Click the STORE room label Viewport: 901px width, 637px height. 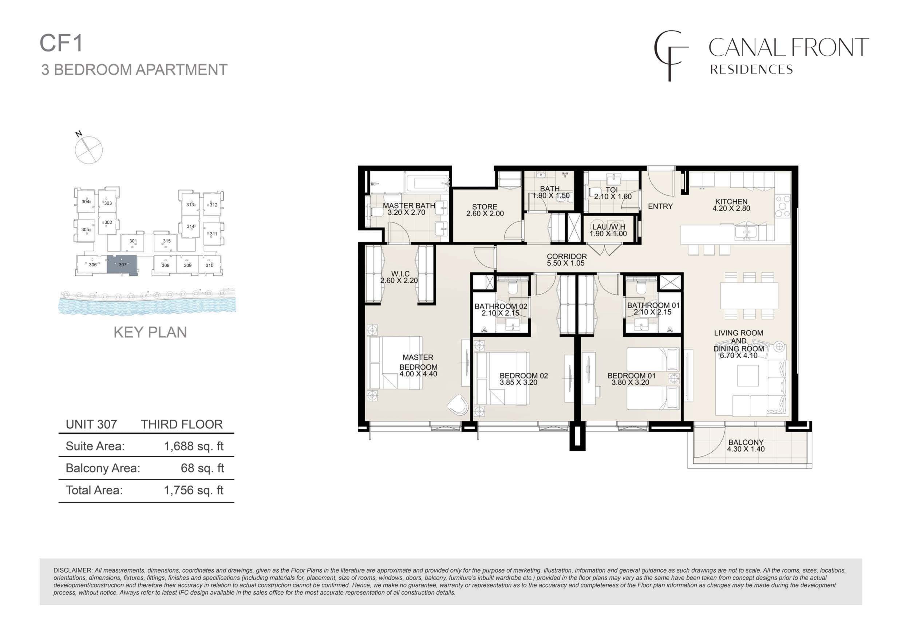485,207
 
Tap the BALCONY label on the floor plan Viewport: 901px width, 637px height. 746,442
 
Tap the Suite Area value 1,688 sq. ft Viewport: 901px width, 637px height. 194,446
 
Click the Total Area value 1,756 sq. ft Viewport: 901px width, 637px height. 194,490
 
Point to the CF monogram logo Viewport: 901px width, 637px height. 671,56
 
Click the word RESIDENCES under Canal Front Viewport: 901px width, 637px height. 752,70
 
